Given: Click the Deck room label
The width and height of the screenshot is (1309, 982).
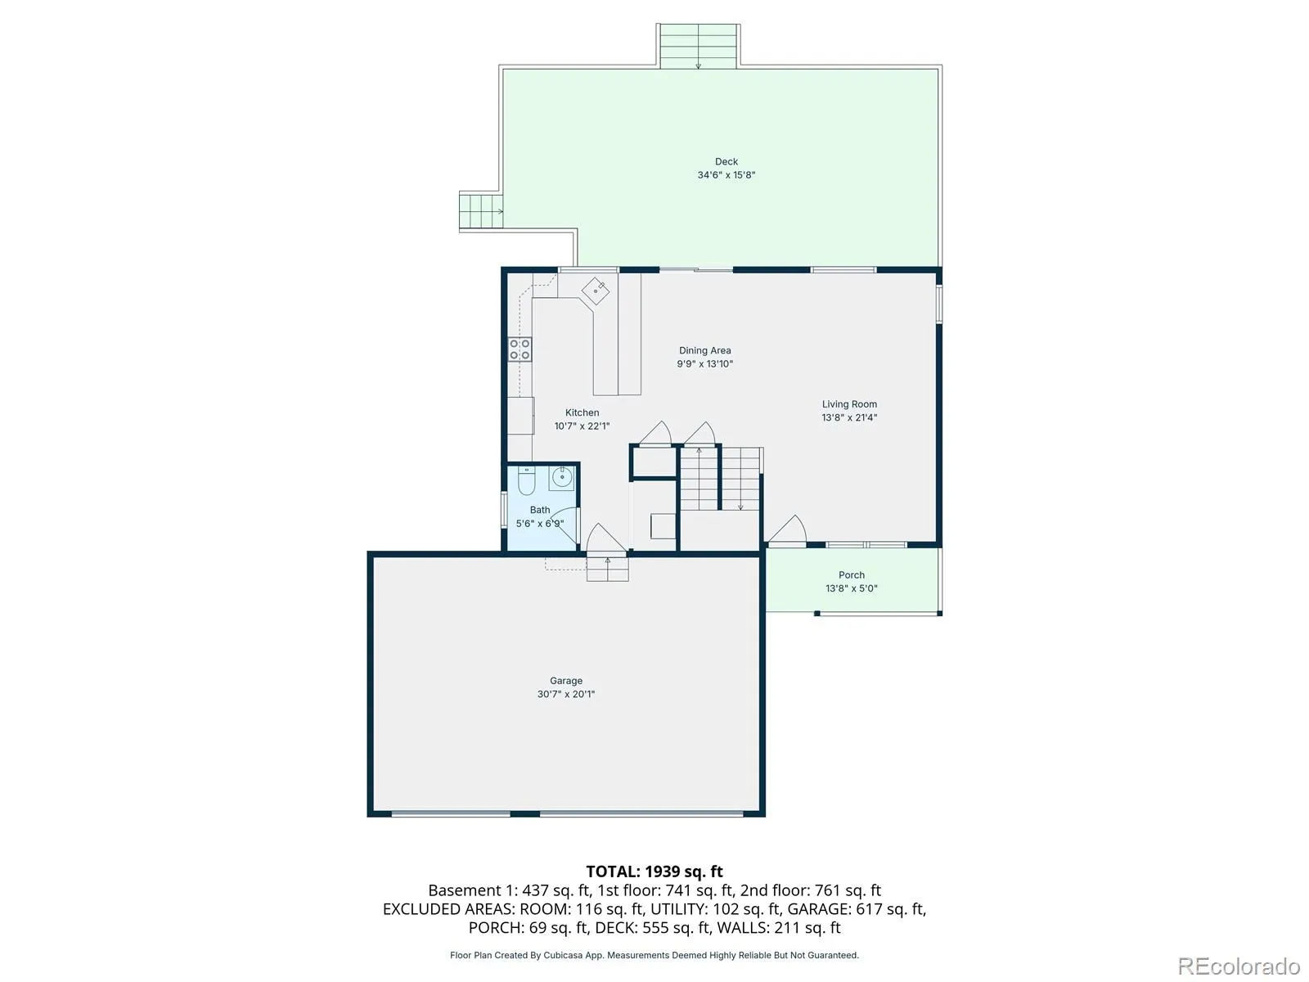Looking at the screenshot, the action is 726,161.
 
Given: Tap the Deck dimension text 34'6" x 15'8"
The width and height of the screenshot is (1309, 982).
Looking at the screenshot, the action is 726,174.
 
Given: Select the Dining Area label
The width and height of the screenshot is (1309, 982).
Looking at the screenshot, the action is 704,350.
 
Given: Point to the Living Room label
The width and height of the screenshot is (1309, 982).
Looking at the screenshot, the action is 849,404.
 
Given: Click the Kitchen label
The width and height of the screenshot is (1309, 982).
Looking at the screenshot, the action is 582,412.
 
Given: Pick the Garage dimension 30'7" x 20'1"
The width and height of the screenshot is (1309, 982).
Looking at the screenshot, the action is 566,694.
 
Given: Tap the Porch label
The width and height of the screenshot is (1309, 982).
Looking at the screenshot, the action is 851,574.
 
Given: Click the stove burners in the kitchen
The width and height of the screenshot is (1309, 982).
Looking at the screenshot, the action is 520,349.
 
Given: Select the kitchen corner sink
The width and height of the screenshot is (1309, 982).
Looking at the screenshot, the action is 595,291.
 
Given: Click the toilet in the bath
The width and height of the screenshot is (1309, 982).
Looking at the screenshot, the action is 527,480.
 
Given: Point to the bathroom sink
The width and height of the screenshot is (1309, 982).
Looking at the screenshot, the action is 561,478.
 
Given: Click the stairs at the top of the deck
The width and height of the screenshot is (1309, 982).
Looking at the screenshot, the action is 699,46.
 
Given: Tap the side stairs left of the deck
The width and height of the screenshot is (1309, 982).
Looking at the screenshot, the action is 481,211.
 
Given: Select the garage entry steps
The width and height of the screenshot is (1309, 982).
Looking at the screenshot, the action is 607,568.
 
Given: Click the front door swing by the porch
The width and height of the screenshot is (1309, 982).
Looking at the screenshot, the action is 786,530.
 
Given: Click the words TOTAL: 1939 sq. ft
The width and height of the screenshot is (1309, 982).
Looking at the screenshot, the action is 654,872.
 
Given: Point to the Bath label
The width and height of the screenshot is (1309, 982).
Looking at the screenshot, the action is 540,510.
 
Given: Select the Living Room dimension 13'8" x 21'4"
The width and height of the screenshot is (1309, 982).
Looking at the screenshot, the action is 849,417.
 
